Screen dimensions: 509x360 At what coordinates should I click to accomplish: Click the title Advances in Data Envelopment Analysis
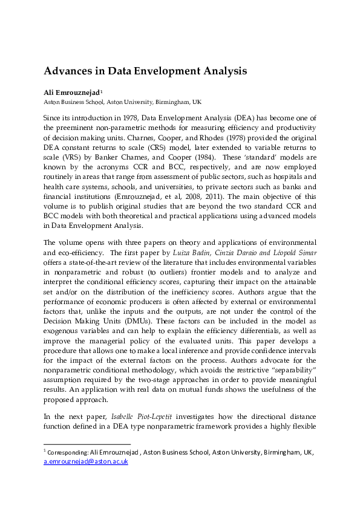click(145, 71)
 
